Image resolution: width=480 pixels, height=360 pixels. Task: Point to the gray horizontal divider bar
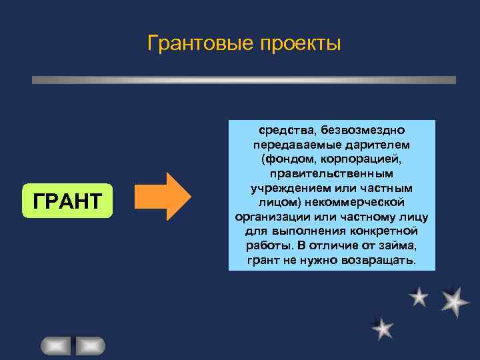[244, 79]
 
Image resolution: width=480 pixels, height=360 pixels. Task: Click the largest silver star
[454, 301]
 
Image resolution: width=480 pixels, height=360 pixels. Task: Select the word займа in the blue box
[388, 245]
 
